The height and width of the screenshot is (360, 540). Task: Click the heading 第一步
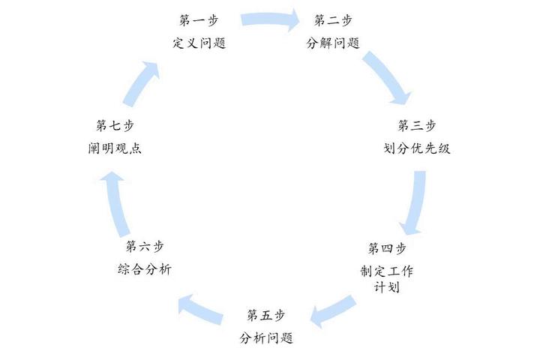click(199, 20)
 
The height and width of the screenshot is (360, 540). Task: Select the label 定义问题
click(199, 43)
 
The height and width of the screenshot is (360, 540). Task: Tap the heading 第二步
click(333, 20)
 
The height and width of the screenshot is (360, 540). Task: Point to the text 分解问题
click(333, 43)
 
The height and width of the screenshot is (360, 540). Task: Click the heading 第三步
click(417, 125)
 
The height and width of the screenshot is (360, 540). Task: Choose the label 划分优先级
click(417, 148)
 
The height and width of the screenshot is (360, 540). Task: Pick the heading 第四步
click(387, 248)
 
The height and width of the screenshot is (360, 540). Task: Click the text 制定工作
click(387, 271)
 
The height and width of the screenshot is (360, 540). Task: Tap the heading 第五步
click(265, 315)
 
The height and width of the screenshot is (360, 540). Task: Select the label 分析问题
click(266, 338)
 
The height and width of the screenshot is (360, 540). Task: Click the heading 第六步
click(145, 246)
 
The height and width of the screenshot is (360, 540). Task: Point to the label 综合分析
click(145, 269)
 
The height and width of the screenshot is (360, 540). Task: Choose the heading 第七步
click(115, 125)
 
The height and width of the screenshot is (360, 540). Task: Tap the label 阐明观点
click(115, 148)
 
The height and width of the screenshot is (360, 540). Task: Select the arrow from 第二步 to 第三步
click(388, 76)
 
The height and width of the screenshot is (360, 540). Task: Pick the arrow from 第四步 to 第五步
click(332, 310)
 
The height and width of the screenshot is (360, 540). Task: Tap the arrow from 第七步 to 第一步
click(139, 85)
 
